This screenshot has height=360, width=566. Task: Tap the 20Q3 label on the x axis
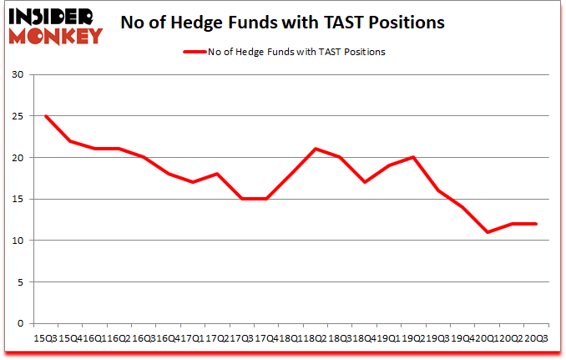click(536, 338)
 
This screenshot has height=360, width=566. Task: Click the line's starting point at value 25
click(45, 116)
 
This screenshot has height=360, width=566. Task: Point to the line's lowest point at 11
click(487, 232)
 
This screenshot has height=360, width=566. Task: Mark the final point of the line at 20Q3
click(536, 224)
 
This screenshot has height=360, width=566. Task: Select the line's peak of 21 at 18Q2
click(315, 150)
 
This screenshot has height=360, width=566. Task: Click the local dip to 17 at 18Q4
click(364, 182)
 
